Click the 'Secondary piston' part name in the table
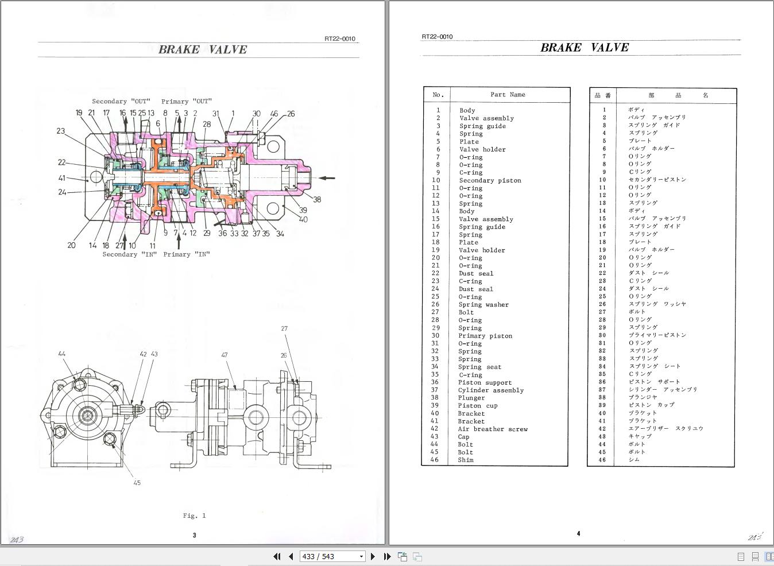[490, 180]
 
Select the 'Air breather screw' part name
[492, 429]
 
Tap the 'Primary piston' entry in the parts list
[485, 336]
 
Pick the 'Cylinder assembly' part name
[490, 390]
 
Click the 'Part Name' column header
[508, 95]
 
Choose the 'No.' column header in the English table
[438, 95]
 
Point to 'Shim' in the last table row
[466, 460]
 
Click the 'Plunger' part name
[471, 398]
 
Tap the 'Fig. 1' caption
[194, 515]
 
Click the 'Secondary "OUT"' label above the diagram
[121, 101]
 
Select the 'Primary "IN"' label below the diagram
[187, 254]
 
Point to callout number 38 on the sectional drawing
[317, 200]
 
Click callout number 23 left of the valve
[60, 131]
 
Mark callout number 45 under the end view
[137, 483]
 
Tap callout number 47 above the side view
[225, 355]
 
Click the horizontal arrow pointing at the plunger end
[327, 178]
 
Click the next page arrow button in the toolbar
[373, 556]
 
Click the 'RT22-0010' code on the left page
[339, 39]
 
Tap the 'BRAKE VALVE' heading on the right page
[584, 48]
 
